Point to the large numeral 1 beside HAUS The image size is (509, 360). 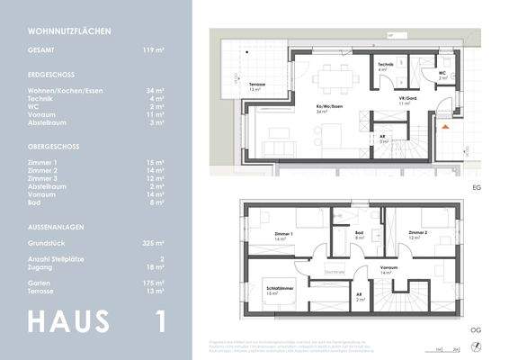click(160, 321)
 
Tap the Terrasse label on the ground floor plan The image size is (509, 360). click(256, 85)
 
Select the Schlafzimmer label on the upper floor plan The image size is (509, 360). click(274, 288)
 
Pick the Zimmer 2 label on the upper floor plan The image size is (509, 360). click(416, 232)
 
